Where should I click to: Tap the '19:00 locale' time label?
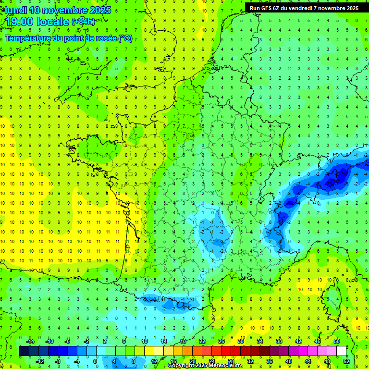[37, 22]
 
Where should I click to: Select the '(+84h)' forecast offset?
[83, 22]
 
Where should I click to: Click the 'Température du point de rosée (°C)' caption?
[69, 38]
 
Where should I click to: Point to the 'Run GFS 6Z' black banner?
[304, 8]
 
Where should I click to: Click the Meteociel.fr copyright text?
[205, 366]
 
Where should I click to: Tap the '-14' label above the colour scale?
[30, 341]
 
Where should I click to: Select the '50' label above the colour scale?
[336, 341]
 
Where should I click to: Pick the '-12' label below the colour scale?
[40, 361]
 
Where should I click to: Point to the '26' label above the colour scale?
[221, 341]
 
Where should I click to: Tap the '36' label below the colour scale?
[270, 361]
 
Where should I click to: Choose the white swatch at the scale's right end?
[341, 351]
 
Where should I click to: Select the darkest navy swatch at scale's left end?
[24, 351]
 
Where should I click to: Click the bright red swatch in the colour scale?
[226, 351]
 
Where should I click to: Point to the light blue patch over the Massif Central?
[214, 231]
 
